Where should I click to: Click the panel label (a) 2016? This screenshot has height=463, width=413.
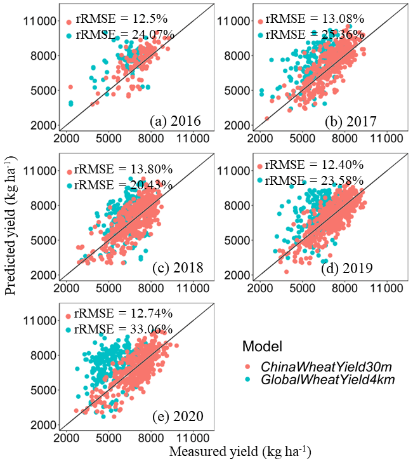[x=175, y=121]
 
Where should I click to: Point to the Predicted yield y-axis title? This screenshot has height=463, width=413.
[x=11, y=231]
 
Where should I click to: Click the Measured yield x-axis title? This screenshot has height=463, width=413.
[x=240, y=452]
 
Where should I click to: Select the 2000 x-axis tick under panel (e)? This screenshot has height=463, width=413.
[x=66, y=438]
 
